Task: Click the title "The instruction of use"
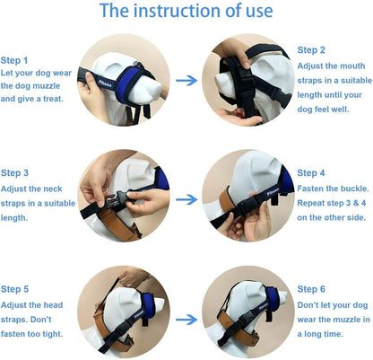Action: point(186,11)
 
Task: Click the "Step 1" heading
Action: point(14,60)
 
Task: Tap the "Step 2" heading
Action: point(311,50)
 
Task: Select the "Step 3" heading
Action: point(14,173)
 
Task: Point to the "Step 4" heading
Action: point(311,173)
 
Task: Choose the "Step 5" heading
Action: point(14,289)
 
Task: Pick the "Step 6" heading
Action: point(311,289)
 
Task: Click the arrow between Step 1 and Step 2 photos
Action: point(186,80)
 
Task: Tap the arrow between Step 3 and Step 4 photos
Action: point(186,199)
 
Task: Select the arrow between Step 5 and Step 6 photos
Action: point(186,320)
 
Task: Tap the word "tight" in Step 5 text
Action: point(53,334)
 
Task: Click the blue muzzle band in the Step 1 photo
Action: point(128,84)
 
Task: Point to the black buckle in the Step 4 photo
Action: point(248,205)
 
